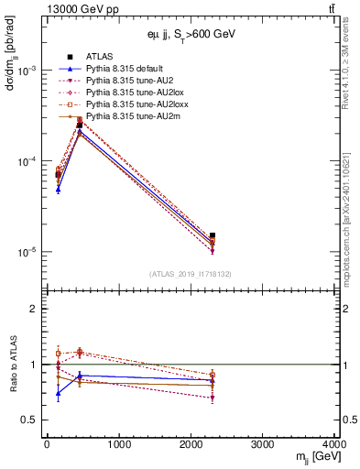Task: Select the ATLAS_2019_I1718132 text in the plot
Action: tap(191, 274)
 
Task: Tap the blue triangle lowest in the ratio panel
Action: tap(59, 394)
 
